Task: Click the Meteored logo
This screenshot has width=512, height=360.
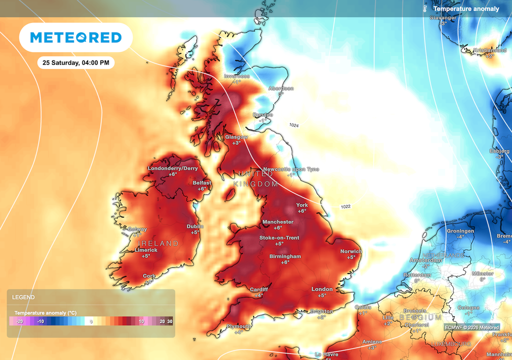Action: pyautogui.click(x=75, y=37)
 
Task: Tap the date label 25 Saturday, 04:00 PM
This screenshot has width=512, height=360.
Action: pyautogui.click(x=76, y=63)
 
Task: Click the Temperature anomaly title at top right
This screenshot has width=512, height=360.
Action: pyautogui.click(x=466, y=8)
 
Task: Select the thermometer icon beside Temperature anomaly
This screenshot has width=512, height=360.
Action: pyautogui.click(x=424, y=8)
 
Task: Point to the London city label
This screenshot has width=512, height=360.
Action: pyautogui.click(x=322, y=289)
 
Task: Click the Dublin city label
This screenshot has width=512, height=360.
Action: pyautogui.click(x=195, y=226)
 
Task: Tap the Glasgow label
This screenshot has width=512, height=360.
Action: pyautogui.click(x=236, y=137)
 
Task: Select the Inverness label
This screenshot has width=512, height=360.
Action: pyautogui.click(x=236, y=76)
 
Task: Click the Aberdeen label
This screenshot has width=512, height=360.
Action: pyautogui.click(x=281, y=88)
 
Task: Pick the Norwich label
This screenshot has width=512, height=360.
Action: pyautogui.click(x=351, y=251)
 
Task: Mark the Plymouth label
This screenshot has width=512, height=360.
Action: pyautogui.click(x=238, y=326)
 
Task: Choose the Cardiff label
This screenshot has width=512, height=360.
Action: pyautogui.click(x=259, y=289)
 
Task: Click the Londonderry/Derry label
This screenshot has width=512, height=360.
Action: pyautogui.click(x=173, y=168)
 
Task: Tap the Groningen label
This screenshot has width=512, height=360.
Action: pyautogui.click(x=460, y=231)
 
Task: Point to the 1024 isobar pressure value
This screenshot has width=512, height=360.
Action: pyautogui.click(x=294, y=125)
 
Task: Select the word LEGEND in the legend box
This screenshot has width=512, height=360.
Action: pyautogui.click(x=23, y=297)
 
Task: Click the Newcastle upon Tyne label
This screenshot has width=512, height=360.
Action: pyautogui.click(x=291, y=169)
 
